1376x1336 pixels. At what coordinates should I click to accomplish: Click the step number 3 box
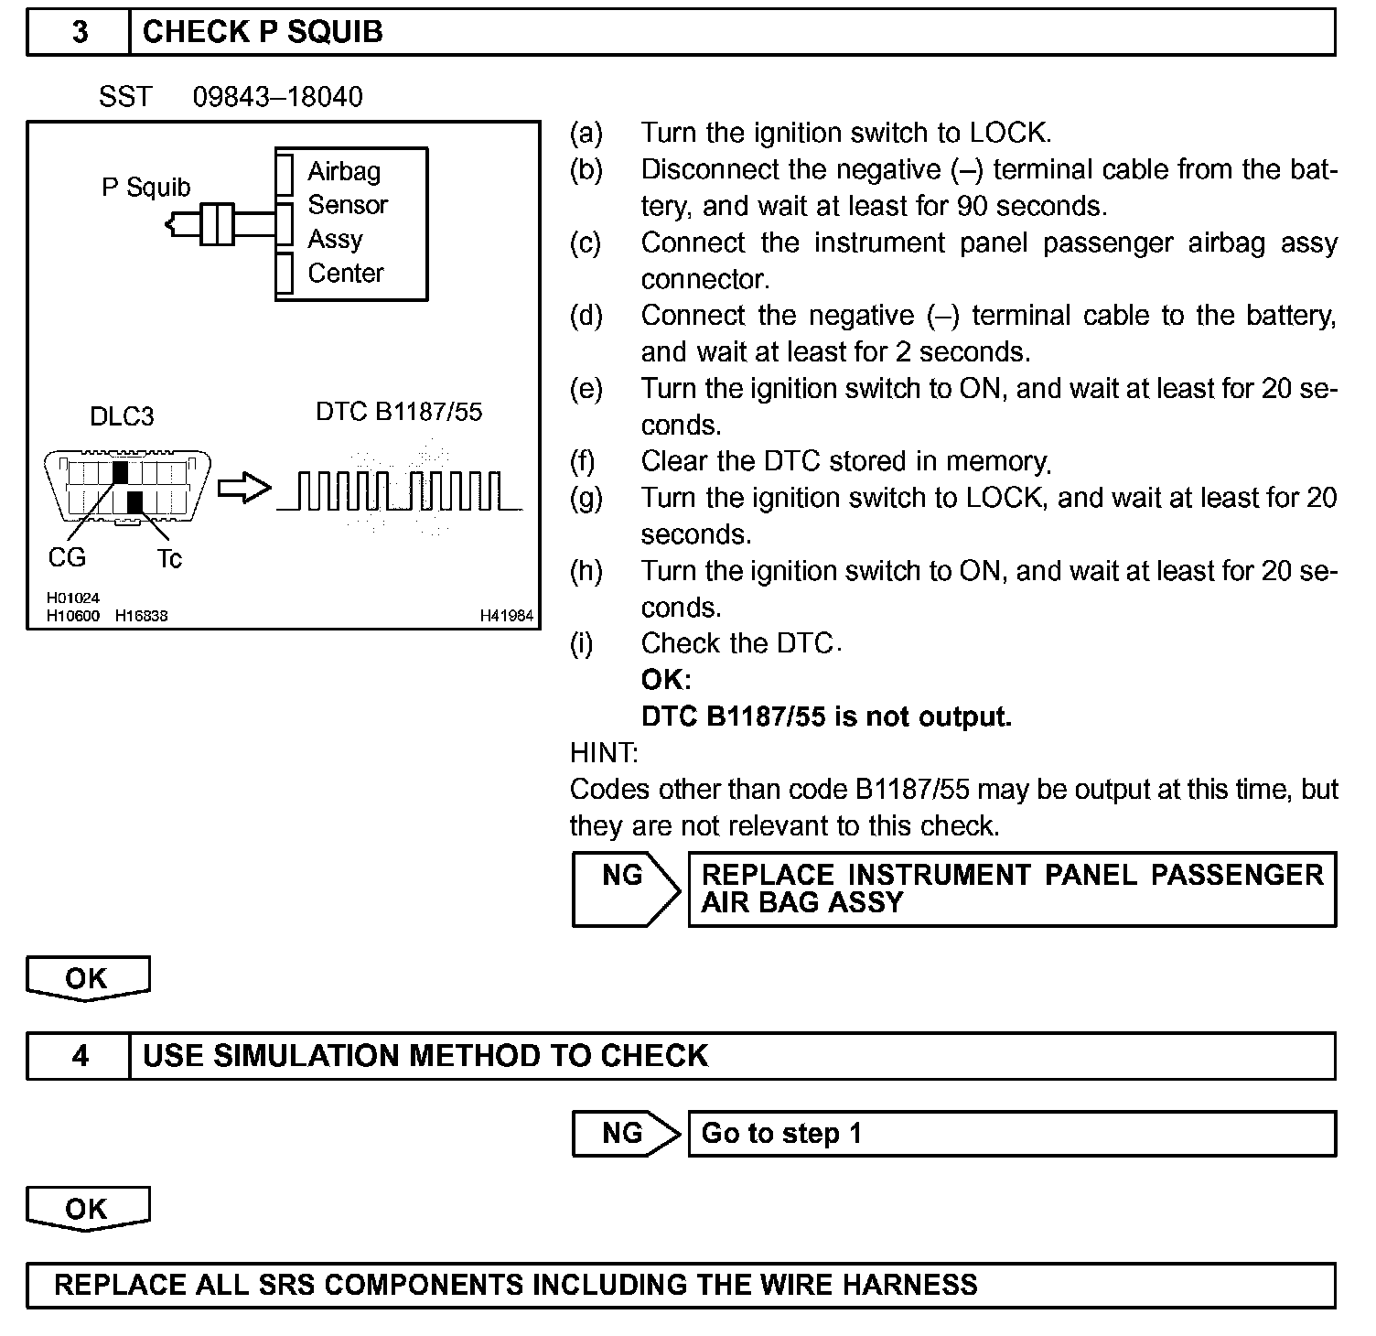coord(80,32)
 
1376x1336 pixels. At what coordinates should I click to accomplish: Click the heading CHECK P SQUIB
coord(263,32)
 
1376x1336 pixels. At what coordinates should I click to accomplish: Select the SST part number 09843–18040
coord(277,97)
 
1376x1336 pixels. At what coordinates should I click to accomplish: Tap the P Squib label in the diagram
coord(145,188)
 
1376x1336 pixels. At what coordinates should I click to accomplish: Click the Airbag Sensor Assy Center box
coord(351,223)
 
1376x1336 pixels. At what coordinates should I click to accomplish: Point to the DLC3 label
coord(122,416)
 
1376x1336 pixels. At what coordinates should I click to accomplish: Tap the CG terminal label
coord(67,557)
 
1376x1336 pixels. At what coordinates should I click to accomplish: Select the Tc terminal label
coord(169,558)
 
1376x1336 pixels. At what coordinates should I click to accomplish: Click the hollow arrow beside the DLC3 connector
coord(244,488)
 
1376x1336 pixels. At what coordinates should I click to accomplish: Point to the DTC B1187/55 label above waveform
coord(399,412)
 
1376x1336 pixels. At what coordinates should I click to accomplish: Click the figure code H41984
coord(506,616)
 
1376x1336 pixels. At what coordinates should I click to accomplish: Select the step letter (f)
coord(583,461)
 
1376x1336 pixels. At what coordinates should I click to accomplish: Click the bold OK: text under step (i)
coord(666,680)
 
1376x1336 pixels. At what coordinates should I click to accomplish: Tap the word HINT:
coord(604,753)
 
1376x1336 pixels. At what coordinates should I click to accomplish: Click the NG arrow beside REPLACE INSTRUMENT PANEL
coord(625,889)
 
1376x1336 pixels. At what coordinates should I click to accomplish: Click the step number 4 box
coord(80,1056)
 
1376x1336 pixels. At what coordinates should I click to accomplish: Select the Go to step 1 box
coord(1011,1134)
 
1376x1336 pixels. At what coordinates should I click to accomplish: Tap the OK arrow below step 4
coord(87,1210)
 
